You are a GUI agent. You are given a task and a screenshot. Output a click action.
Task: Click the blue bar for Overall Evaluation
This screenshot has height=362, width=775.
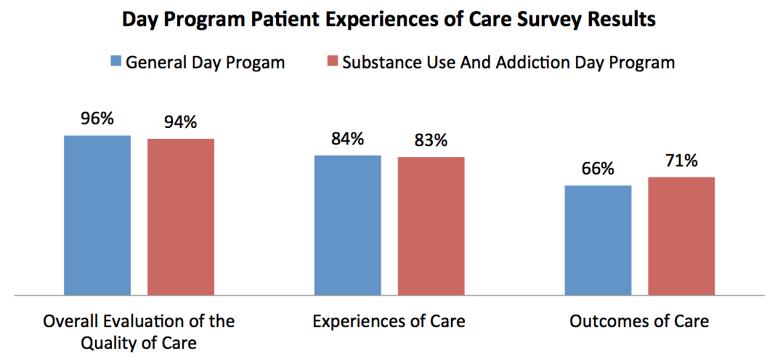(x=97, y=215)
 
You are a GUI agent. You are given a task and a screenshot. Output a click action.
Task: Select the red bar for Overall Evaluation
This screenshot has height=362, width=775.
(x=181, y=217)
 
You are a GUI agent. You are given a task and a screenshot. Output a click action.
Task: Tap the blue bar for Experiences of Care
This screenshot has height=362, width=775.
(x=347, y=225)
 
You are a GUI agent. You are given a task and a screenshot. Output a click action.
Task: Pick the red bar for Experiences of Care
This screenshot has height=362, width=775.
(x=431, y=226)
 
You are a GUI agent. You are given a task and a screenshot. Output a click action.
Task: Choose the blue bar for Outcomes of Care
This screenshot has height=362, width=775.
(x=598, y=241)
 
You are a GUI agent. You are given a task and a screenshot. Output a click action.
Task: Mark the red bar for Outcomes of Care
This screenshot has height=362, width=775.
(x=681, y=236)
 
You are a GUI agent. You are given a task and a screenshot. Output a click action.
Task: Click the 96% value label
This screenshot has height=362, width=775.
(x=97, y=118)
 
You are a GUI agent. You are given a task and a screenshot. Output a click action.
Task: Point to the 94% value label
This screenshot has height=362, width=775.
(x=180, y=121)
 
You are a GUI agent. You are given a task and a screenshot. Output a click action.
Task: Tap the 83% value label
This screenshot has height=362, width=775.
(x=431, y=140)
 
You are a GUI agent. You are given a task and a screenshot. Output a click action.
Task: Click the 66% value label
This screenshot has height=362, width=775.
(x=598, y=169)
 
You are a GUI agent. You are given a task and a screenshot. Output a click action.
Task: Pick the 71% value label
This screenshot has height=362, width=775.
(x=681, y=160)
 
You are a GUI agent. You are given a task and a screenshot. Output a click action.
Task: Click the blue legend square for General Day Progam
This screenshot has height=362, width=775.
(x=115, y=62)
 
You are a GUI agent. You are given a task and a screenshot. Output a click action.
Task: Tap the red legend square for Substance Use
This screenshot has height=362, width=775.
(x=332, y=62)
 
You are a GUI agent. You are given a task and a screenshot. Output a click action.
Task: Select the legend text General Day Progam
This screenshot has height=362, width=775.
(x=205, y=63)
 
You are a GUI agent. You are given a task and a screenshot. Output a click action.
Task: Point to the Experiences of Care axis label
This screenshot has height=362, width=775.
(x=389, y=321)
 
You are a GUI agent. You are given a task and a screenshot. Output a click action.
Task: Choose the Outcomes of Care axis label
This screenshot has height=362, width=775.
(x=639, y=321)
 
